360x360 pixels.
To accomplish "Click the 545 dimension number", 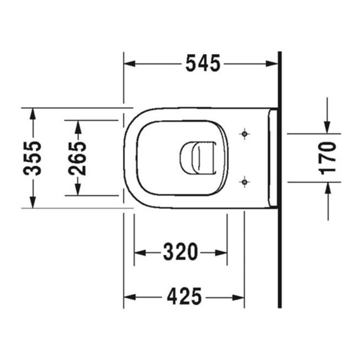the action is [x=202, y=63].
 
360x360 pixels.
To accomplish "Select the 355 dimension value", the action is [x=32, y=158].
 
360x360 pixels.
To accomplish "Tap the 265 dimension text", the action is [x=77, y=158].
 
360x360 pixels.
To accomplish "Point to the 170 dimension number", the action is [x=327, y=158].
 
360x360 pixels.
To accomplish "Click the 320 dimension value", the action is [x=180, y=252].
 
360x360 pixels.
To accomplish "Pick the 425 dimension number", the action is [x=184, y=296].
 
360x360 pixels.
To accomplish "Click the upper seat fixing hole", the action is [x=244, y=133].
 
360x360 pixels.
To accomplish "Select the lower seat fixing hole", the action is [x=244, y=182].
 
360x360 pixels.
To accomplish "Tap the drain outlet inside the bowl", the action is [x=198, y=158].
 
